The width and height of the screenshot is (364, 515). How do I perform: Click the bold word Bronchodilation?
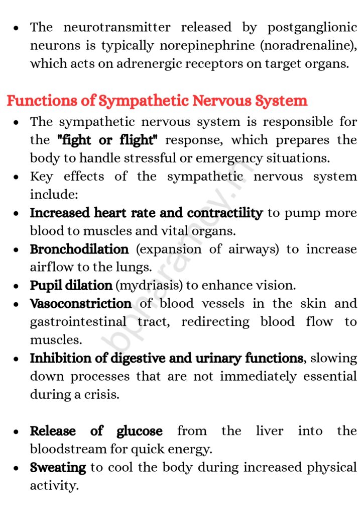click(x=79, y=249)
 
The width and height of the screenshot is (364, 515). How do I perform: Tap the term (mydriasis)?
click(x=150, y=286)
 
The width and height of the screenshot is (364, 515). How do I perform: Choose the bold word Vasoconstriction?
click(x=81, y=304)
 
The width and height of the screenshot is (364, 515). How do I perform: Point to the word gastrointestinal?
click(x=78, y=322)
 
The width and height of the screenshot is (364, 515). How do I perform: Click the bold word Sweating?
click(x=58, y=468)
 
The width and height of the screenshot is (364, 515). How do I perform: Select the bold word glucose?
click(x=140, y=431)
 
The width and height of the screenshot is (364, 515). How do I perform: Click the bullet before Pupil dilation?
click(x=17, y=286)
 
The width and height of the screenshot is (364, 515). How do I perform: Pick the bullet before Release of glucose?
click(x=17, y=432)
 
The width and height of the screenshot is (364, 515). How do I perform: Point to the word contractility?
click(x=225, y=213)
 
